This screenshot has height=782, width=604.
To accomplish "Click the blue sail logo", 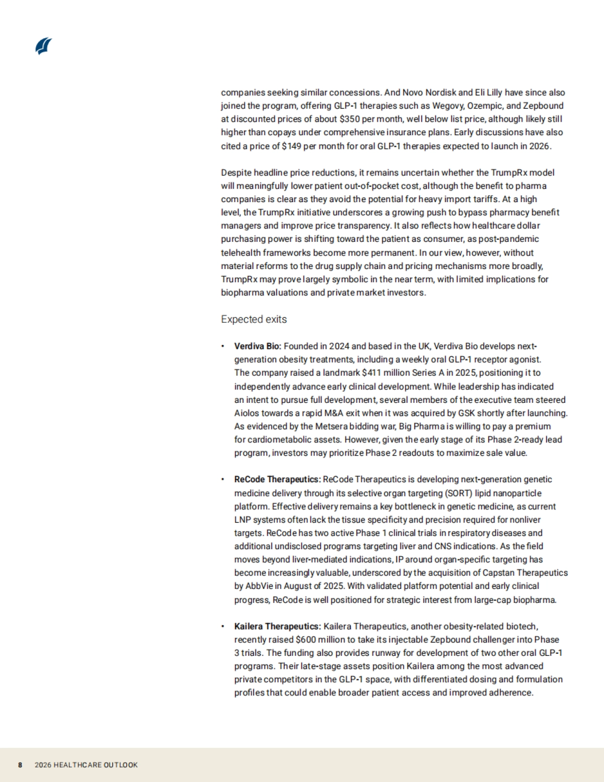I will [x=44, y=46].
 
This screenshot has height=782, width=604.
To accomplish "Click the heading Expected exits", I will [x=254, y=319].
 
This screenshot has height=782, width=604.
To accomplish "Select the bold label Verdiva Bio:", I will [x=258, y=346].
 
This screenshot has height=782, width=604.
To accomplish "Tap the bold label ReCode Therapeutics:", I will [x=277, y=480].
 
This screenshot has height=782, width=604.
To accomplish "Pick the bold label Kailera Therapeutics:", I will [x=277, y=627].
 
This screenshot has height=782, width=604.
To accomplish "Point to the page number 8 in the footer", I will [x=20, y=765].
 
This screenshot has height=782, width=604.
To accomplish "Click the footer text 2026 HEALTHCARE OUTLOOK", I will [x=86, y=765].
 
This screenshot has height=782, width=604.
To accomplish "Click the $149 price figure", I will [x=291, y=146].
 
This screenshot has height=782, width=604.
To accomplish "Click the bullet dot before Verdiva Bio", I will [x=222, y=346].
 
